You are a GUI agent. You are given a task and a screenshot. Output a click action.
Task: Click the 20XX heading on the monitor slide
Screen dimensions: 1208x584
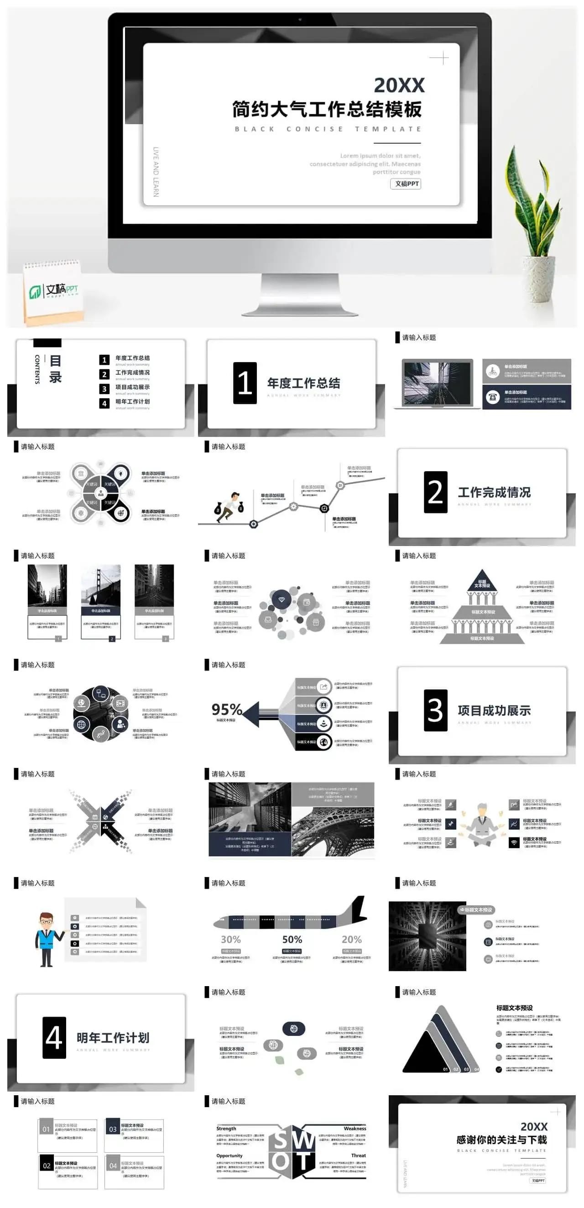[399, 85]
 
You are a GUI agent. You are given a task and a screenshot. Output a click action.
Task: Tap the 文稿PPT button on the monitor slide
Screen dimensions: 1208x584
[406, 184]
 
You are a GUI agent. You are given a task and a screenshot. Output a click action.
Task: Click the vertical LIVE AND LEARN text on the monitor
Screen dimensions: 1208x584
[156, 172]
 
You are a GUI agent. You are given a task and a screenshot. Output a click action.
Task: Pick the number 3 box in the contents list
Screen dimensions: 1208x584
[104, 389]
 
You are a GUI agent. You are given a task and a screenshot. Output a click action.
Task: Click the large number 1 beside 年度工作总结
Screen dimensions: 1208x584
[245, 383]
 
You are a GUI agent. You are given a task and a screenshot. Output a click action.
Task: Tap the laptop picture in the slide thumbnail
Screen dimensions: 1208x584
[437, 383]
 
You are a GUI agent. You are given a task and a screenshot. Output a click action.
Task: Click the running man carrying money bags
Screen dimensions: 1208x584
[229, 506]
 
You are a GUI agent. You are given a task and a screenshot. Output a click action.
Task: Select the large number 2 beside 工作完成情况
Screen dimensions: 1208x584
[435, 492]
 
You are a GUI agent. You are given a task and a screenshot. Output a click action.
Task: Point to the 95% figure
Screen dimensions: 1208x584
[226, 709]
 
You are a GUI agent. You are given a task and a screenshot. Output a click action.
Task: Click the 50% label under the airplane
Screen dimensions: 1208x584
[292, 939]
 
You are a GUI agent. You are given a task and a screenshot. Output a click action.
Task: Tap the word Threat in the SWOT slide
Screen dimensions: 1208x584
[358, 1155]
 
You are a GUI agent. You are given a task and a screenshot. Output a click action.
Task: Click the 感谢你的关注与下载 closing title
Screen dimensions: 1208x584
[501, 1140]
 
